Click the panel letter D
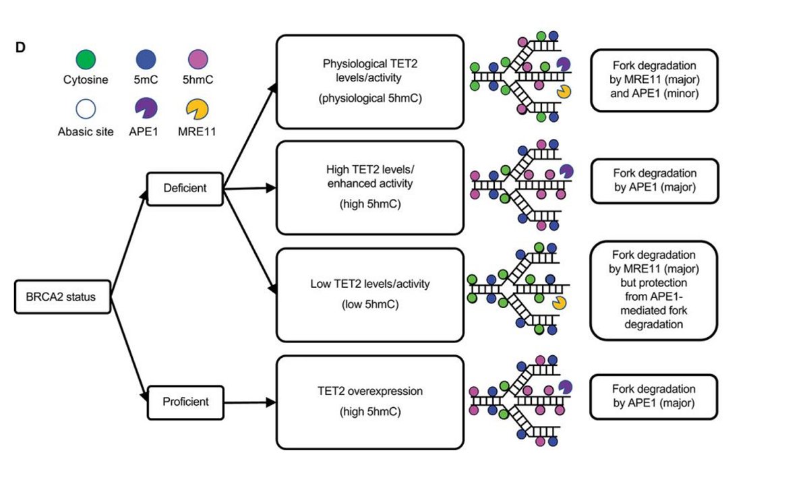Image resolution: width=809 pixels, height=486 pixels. pyautogui.click(x=21, y=49)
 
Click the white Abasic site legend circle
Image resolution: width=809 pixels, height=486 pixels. pyautogui.click(x=86, y=109)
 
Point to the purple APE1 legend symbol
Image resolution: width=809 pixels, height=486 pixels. pyautogui.click(x=144, y=109)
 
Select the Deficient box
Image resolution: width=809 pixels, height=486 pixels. pyautogui.click(x=185, y=188)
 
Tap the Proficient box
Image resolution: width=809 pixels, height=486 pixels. pyautogui.click(x=185, y=402)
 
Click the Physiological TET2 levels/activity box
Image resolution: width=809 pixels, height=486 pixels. pyautogui.click(x=370, y=82)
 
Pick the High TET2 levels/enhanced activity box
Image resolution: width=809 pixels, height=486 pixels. pyautogui.click(x=370, y=188)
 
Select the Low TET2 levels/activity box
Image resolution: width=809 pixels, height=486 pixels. pyautogui.click(x=370, y=295)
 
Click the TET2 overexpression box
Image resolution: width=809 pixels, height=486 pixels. pyautogui.click(x=370, y=402)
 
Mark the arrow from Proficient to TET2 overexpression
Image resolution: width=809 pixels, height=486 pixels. pyautogui.click(x=250, y=402)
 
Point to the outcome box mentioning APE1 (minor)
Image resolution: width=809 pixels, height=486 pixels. pyautogui.click(x=654, y=80)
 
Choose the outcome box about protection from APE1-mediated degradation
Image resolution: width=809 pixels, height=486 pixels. pyautogui.click(x=654, y=289)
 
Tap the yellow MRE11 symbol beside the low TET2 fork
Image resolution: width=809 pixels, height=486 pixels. pyautogui.click(x=560, y=305)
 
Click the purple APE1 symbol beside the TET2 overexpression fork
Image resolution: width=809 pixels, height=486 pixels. pyautogui.click(x=564, y=387)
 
